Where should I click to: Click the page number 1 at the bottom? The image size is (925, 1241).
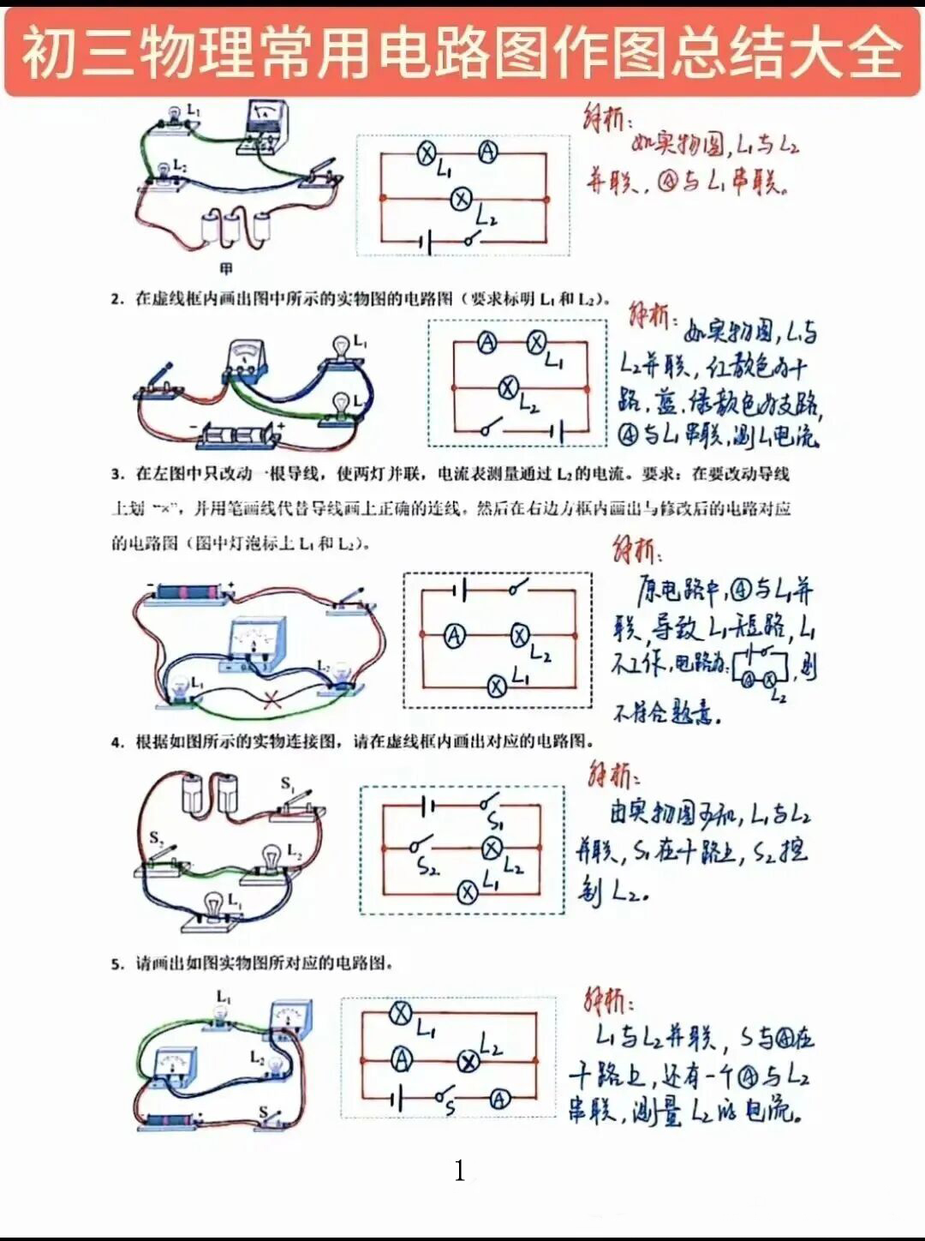[x=460, y=1171]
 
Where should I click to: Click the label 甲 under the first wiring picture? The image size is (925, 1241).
[x=226, y=269]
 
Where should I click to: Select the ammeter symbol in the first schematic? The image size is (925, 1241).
[x=487, y=153]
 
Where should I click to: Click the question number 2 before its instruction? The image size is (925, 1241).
[x=117, y=299]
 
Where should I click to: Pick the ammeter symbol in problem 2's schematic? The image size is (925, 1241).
[x=486, y=343]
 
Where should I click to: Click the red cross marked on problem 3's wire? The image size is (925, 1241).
[x=272, y=700]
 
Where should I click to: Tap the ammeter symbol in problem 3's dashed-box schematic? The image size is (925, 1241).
[x=454, y=635]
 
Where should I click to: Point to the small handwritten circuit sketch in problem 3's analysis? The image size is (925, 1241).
[x=760, y=668]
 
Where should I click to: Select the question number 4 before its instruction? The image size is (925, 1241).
[x=117, y=742]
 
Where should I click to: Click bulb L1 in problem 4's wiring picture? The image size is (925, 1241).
[x=212, y=907]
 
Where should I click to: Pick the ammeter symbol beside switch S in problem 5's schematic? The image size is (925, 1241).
[x=500, y=1100]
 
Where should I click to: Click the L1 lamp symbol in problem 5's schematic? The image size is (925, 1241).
[x=401, y=1014]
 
